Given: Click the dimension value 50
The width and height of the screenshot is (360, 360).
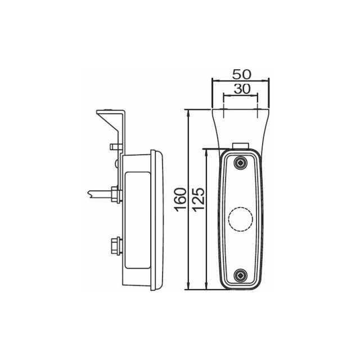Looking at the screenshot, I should coord(241,74).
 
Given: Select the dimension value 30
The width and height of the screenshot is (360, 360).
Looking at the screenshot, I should coord(241,89).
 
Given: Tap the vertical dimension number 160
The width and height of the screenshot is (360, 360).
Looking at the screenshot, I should coord(180,200).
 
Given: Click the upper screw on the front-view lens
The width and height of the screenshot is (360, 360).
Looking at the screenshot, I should coord(241,163).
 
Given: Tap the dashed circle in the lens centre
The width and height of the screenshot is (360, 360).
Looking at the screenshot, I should coord(241,219).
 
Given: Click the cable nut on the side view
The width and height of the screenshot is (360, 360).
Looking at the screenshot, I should coord(115,195).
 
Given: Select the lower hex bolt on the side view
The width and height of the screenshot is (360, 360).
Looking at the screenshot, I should coord(115,245).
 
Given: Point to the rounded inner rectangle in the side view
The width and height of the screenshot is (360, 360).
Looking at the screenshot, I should coord(136,219).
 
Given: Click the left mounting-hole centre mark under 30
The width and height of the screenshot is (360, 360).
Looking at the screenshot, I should coord(224,110).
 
